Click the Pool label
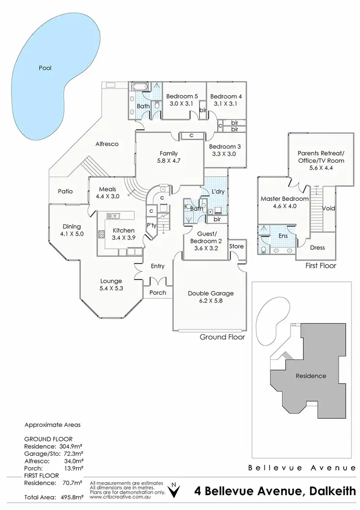tap(45, 68)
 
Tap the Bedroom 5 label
tap(182, 96)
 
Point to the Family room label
tap(168, 154)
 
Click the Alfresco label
tap(107, 144)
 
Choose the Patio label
tap(65, 191)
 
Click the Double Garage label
tap(210, 293)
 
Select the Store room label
tap(236, 246)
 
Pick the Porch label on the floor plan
tap(158, 292)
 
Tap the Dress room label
tap(317, 248)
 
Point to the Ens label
tap(283, 236)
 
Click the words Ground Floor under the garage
tap(222, 337)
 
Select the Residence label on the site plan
tap(310, 376)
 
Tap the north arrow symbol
tap(177, 490)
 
